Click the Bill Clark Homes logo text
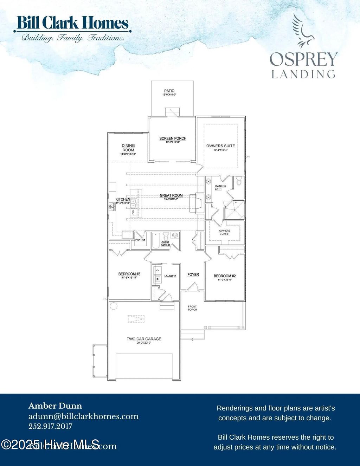72,23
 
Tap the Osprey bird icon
302,31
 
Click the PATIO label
169,91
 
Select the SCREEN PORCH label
173,138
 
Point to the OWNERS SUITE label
220,146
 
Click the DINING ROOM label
128,148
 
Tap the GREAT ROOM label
171,195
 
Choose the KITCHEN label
123,200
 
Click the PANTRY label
140,240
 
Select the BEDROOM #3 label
129,274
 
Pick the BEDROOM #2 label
225,276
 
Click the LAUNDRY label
170,276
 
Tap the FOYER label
193,274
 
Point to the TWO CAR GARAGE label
144,339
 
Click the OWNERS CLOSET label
225,232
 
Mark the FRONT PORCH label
192,308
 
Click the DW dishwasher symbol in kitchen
134,212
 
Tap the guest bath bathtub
156,241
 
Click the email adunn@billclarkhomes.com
83,416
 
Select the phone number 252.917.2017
50,426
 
